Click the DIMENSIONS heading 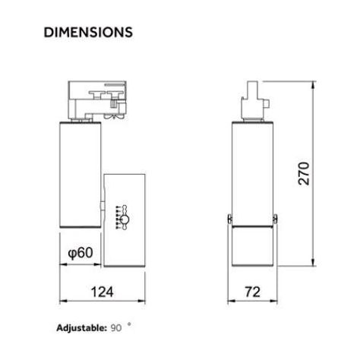pyautogui.click(x=88, y=32)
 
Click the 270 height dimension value pyautogui.click(x=304, y=174)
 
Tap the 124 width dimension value pyautogui.click(x=102, y=292)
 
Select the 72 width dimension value pyautogui.click(x=252, y=292)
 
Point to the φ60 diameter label pyautogui.click(x=81, y=252)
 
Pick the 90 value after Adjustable pyautogui.click(x=116, y=328)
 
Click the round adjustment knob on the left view pyautogui.click(x=125, y=219)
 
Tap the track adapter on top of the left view pyautogui.click(x=97, y=100)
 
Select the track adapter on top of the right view pyautogui.click(x=254, y=100)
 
